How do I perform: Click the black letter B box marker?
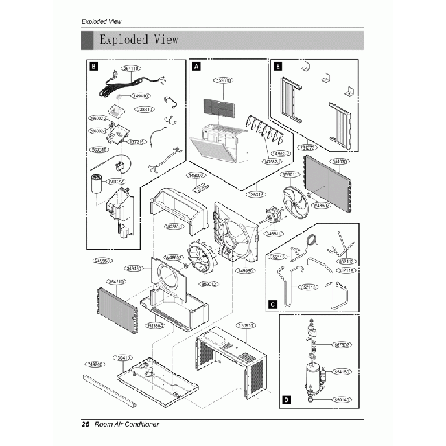click(x=94, y=67)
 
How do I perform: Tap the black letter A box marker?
click(x=196, y=67)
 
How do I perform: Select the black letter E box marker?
click(x=277, y=67)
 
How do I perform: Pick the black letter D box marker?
click(x=285, y=399)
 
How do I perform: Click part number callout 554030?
click(x=340, y=162)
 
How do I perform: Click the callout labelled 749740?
click(x=95, y=364)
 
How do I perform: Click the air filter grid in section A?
click(x=224, y=108)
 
